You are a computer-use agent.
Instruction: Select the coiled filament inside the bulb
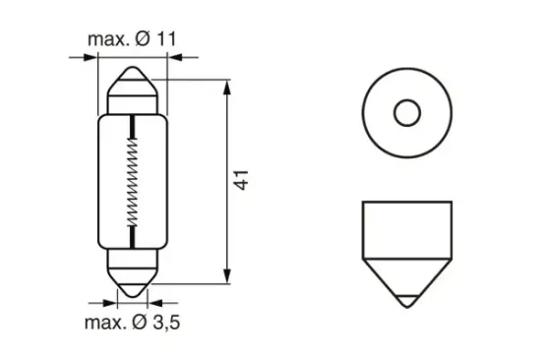pyautogui.click(x=133, y=179)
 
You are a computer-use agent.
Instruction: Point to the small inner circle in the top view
pyautogui.click(x=405, y=113)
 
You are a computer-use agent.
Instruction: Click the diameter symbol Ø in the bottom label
pyautogui.click(x=141, y=322)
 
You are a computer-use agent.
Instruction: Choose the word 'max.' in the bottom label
pyautogui.click(x=104, y=322)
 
